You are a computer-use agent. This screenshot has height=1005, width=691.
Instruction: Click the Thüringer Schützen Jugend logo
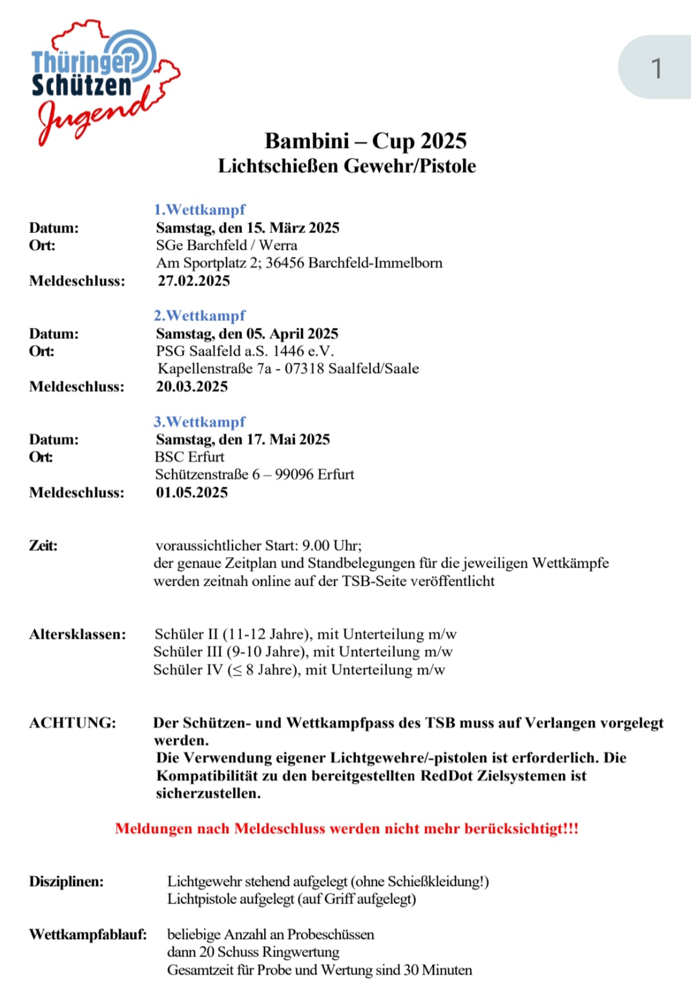(x=103, y=81)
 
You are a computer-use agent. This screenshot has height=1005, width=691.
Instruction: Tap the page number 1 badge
(x=656, y=68)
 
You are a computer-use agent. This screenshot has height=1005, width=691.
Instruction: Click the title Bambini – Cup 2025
(x=366, y=141)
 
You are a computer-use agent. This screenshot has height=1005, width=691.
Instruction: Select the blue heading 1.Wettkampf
(x=200, y=210)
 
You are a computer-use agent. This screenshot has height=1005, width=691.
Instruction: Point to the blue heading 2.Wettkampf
(x=200, y=316)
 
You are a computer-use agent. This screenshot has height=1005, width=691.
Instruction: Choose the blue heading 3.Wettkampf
(x=200, y=422)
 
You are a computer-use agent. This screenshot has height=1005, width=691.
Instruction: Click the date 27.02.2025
(x=194, y=281)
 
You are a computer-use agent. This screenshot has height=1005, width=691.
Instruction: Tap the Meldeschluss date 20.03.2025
(x=192, y=387)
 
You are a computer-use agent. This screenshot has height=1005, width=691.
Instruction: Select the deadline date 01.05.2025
(x=192, y=493)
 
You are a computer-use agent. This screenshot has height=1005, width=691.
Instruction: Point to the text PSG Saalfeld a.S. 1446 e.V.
(x=245, y=351)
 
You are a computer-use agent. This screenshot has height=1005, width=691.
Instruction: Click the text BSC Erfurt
(x=190, y=457)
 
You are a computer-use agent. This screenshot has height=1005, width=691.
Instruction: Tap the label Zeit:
(x=43, y=546)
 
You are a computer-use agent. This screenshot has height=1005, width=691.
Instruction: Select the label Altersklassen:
(x=77, y=634)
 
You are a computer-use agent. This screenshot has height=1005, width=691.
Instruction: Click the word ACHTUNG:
(x=72, y=723)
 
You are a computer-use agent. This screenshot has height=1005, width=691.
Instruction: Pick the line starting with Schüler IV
(x=299, y=670)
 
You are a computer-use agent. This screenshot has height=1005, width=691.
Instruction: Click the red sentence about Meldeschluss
(x=347, y=829)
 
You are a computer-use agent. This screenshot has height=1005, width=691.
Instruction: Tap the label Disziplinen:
(x=66, y=882)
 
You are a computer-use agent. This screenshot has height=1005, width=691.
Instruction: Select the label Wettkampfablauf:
(x=88, y=935)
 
